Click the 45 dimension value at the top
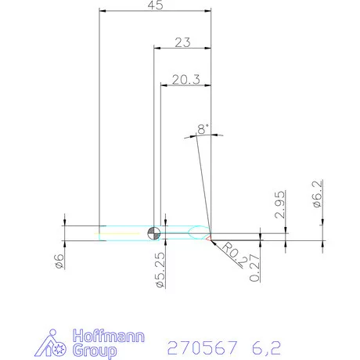[x=156, y=5]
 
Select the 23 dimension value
[x=182, y=43]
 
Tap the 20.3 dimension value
[x=184, y=78]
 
